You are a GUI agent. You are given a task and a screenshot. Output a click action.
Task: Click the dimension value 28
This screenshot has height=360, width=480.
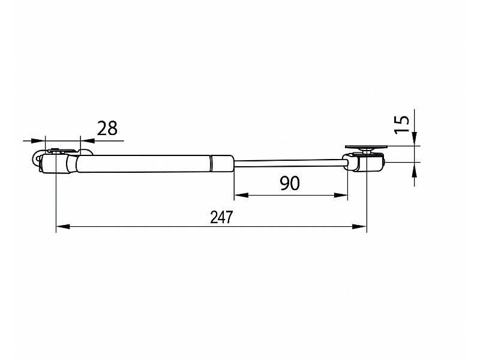tap(107, 128)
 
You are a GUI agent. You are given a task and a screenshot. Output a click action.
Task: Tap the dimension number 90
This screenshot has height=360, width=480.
tap(290, 183)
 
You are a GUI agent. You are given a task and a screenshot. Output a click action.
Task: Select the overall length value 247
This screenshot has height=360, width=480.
tap(221, 217)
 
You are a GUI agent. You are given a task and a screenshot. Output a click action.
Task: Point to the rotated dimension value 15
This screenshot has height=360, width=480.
tap(401, 124)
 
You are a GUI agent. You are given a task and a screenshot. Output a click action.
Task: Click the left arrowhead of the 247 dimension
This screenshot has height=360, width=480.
tap(64, 227)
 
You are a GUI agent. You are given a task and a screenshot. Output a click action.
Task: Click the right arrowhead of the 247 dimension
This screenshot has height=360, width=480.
tap(359, 227)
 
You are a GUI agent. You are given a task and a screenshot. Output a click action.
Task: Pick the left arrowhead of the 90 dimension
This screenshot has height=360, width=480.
tap(242, 195)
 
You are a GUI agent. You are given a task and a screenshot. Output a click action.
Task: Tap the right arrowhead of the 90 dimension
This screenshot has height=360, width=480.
tap(341, 195)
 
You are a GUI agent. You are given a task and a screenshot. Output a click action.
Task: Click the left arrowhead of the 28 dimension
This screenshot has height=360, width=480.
tap(38, 141)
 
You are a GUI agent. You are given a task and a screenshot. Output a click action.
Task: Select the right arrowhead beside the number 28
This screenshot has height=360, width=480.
tap(87, 141)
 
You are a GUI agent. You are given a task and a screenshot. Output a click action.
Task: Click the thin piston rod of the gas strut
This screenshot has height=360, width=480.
tap(289, 163)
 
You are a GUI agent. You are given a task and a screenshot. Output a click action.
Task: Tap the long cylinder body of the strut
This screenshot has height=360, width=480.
tap(144, 164)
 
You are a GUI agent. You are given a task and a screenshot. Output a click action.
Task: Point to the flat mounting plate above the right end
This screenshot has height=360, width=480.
tap(366, 146)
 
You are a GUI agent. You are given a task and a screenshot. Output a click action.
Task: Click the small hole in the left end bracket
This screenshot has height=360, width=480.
tap(37, 159)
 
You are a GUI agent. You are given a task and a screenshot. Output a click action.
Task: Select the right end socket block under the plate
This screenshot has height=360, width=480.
tap(365, 161)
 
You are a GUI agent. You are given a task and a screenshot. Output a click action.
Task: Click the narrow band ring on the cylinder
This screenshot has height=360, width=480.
tap(211, 163)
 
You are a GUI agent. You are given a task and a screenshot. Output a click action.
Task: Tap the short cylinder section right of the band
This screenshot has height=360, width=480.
tap(223, 163)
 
